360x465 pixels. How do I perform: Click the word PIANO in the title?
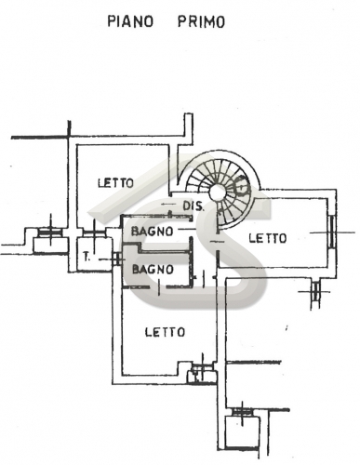pos(130,22)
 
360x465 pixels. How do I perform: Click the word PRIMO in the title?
pos(201,22)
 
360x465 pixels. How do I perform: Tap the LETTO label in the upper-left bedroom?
pos(115,182)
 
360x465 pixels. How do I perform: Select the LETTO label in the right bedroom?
pos(268,238)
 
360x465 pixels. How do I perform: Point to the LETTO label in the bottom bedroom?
pos(165,332)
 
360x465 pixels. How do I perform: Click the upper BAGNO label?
pos(152,232)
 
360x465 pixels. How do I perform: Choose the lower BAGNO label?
pos(153,269)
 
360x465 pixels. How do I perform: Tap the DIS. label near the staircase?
pos(193,206)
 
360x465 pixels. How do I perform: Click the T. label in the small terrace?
pos(87,257)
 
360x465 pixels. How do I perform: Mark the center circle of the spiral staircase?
pos(218,193)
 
